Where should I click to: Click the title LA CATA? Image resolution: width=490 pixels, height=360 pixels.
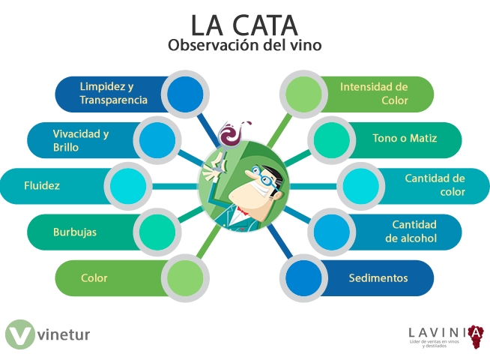pos(244,24)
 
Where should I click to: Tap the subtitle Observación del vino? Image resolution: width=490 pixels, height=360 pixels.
pos(244,46)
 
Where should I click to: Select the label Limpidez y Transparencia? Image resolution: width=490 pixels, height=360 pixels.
pos(113,93)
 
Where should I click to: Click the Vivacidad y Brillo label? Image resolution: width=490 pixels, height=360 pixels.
pos(81,140)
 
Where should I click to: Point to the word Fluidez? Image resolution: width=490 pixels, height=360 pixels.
pos(42,184)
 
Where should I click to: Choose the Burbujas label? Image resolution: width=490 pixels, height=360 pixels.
pos(75,232)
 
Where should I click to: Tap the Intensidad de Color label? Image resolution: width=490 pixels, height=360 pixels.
pos(374,93)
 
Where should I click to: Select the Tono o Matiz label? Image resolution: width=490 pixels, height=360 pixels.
pos(405,139)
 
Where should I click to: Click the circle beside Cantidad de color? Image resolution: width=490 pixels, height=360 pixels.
pos(360,185)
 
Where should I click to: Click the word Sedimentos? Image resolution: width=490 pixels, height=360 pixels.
pos(378,278)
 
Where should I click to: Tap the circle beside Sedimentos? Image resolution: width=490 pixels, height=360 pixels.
pos(303,278)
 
